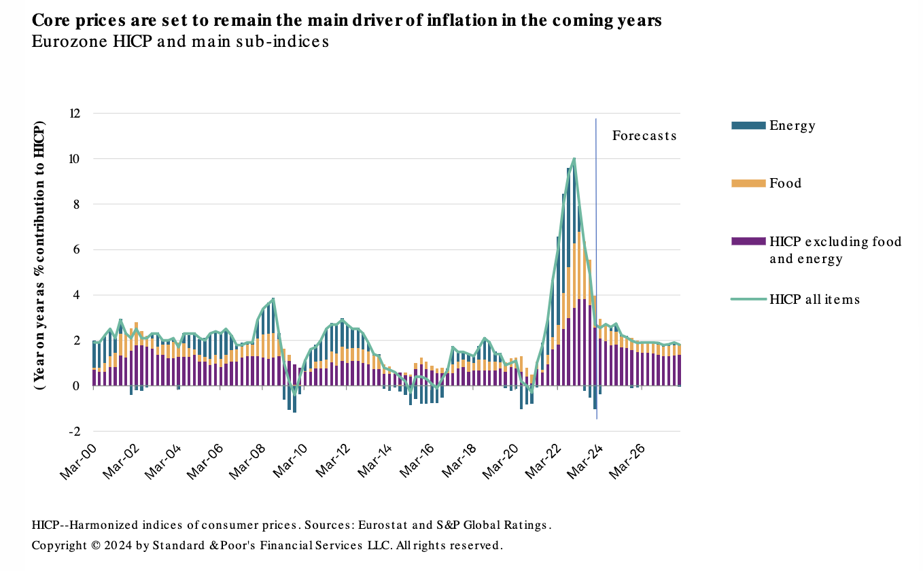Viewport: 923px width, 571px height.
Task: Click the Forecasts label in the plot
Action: [x=644, y=135]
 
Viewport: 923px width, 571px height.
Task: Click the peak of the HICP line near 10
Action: [x=574, y=158]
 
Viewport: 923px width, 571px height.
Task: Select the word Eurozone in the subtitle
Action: [x=64, y=41]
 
